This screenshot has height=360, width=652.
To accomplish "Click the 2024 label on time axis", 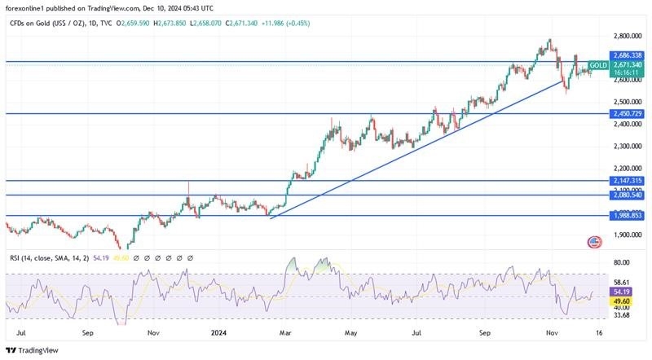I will [x=218, y=332].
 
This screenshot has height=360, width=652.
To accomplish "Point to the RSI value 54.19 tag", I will [x=622, y=291].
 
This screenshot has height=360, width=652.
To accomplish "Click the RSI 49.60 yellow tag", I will [x=622, y=300].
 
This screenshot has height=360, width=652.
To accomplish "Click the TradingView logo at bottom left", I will [x=34, y=350].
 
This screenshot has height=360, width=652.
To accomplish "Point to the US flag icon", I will [x=594, y=242].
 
